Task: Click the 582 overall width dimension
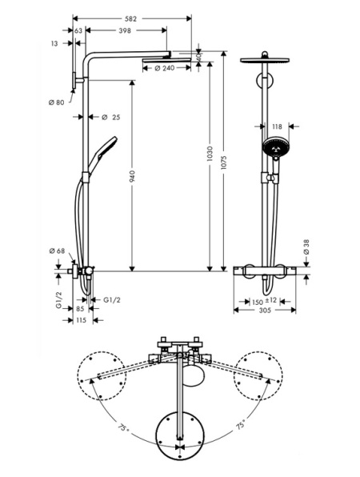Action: (x=132, y=10)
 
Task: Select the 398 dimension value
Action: (x=122, y=30)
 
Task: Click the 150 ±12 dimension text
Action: (x=265, y=301)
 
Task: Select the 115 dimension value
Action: (x=80, y=319)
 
